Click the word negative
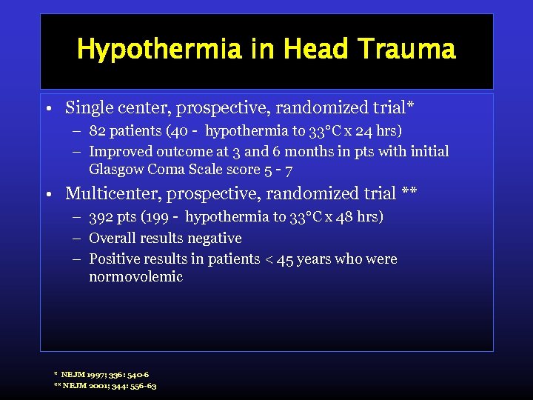pos(215,238)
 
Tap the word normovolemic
pos(135,277)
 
